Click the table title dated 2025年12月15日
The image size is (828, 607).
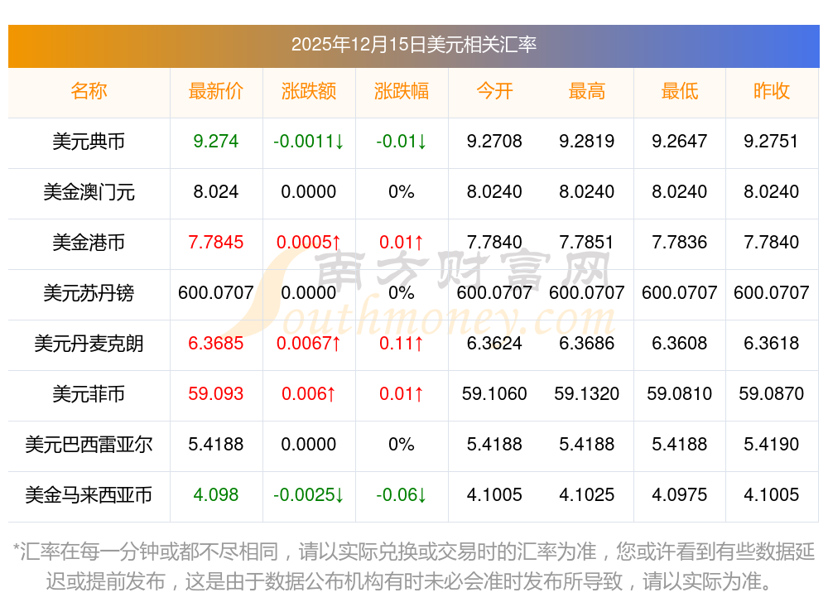[413, 45]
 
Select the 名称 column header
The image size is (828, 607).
[89, 91]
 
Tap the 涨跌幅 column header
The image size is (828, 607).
[402, 91]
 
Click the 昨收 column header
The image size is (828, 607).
[772, 91]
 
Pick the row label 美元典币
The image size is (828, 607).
[89, 142]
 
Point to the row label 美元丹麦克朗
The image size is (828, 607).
[89, 344]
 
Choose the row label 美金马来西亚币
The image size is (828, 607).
[89, 495]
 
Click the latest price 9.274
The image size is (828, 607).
[216, 142]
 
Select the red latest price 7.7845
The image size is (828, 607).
[216, 243]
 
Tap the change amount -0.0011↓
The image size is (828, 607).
[309, 142]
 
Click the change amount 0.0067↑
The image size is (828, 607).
[309, 344]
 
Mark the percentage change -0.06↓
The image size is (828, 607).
[402, 495]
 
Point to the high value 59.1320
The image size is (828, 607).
[587, 394]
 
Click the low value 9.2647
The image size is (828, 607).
[680, 142]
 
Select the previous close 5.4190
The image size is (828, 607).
[772, 445]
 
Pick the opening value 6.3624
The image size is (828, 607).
[494, 344]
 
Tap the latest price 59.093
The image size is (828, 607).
[216, 394]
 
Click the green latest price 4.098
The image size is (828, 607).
[216, 495]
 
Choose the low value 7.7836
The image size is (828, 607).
[680, 243]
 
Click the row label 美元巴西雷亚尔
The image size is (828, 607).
[89, 445]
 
